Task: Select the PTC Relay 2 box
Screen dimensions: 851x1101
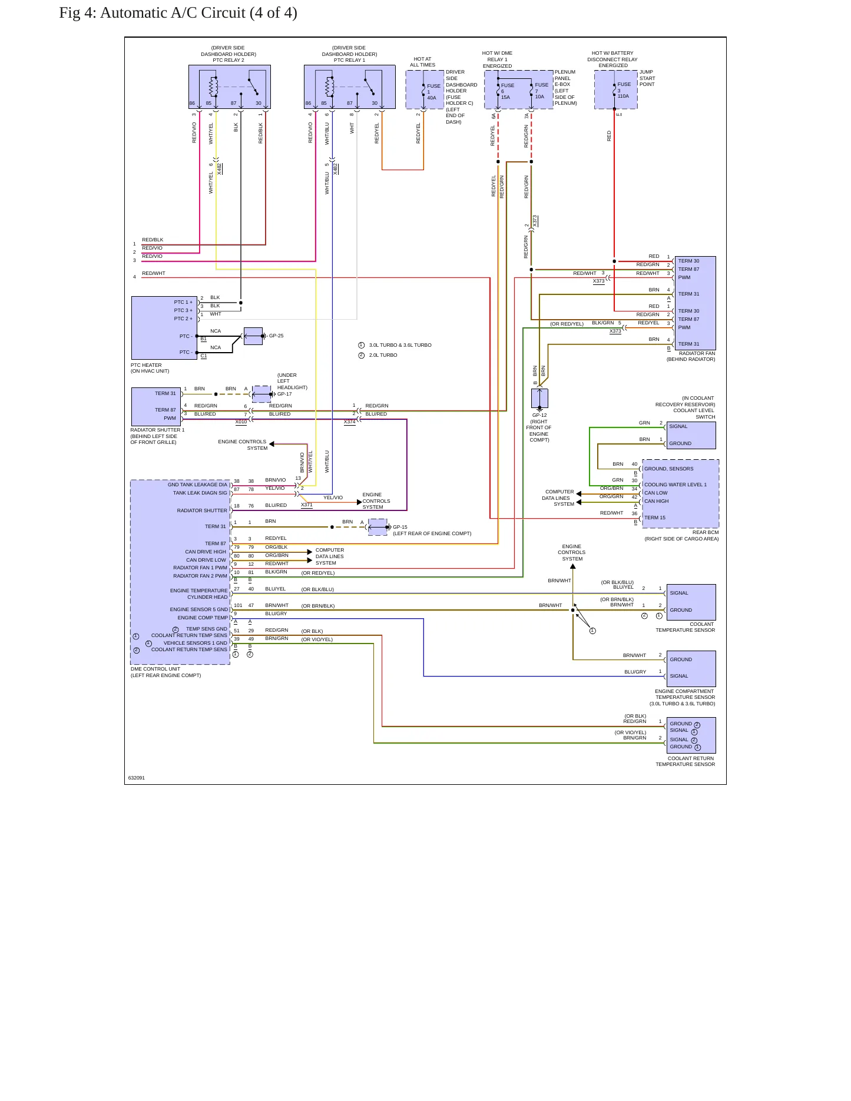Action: tap(230, 87)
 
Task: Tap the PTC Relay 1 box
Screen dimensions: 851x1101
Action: tap(350, 87)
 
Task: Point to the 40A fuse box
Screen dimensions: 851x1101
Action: tap(425, 89)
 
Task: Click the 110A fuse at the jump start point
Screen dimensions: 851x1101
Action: tap(615, 89)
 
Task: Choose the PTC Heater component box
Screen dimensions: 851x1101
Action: tap(164, 328)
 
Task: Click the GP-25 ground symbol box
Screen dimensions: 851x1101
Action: tap(253, 336)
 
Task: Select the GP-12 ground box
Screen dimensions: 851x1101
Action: tap(539, 398)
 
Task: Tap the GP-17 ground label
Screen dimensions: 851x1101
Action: tap(284, 394)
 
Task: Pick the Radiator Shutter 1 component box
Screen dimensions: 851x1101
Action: tap(156, 406)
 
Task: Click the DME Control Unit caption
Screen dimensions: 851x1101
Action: tap(155, 669)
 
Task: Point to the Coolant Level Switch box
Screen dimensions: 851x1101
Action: tap(691, 435)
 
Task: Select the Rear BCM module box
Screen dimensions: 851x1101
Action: tap(681, 493)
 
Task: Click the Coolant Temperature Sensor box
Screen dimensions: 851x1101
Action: tap(691, 602)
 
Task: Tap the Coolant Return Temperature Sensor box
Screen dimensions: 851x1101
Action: tap(691, 735)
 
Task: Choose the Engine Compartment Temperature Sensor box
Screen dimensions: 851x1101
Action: tap(691, 668)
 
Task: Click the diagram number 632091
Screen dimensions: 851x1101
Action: tap(137, 778)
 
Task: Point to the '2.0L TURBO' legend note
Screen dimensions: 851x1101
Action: tap(383, 355)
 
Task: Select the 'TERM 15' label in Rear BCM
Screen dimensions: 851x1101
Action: tap(655, 518)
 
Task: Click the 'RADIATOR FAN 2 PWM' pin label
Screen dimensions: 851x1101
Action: tap(200, 576)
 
